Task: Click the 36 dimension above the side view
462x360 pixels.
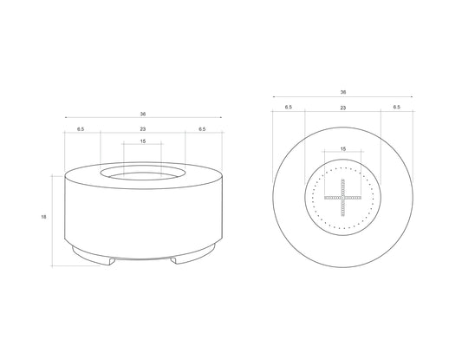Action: point(143,114)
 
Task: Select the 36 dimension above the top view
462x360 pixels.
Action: point(342,92)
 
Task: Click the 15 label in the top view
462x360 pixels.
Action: point(342,149)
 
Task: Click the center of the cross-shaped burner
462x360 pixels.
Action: point(342,197)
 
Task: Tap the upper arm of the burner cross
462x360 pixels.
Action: point(342,187)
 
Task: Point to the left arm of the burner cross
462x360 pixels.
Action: point(333,197)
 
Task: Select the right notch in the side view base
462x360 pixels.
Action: point(176,259)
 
